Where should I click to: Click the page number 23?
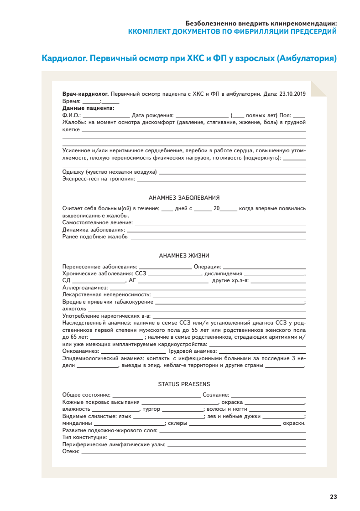pyautogui.click(x=333, y=496)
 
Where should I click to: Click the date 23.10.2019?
pyautogui.click(x=292, y=94)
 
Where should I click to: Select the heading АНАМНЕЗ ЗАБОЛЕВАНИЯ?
pyautogui.click(x=184, y=197)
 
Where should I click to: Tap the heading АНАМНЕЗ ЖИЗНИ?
pyautogui.click(x=184, y=256)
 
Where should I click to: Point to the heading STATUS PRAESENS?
pyautogui.click(x=184, y=384)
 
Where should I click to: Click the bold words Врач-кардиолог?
pyautogui.click(x=85, y=94)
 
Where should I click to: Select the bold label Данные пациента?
pyautogui.click(x=88, y=108)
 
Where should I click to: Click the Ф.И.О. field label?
pyautogui.click(x=71, y=115)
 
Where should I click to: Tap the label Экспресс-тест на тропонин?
pyautogui.click(x=99, y=179)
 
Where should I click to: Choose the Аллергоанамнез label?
pyautogui.click(x=85, y=288)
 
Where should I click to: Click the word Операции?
pyautogui.click(x=207, y=266)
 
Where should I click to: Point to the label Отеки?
pyautogui.click(x=71, y=451)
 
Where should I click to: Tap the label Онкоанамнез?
pyautogui.click(x=80, y=351)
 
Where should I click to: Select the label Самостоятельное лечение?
pyautogui.click(x=97, y=222)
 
